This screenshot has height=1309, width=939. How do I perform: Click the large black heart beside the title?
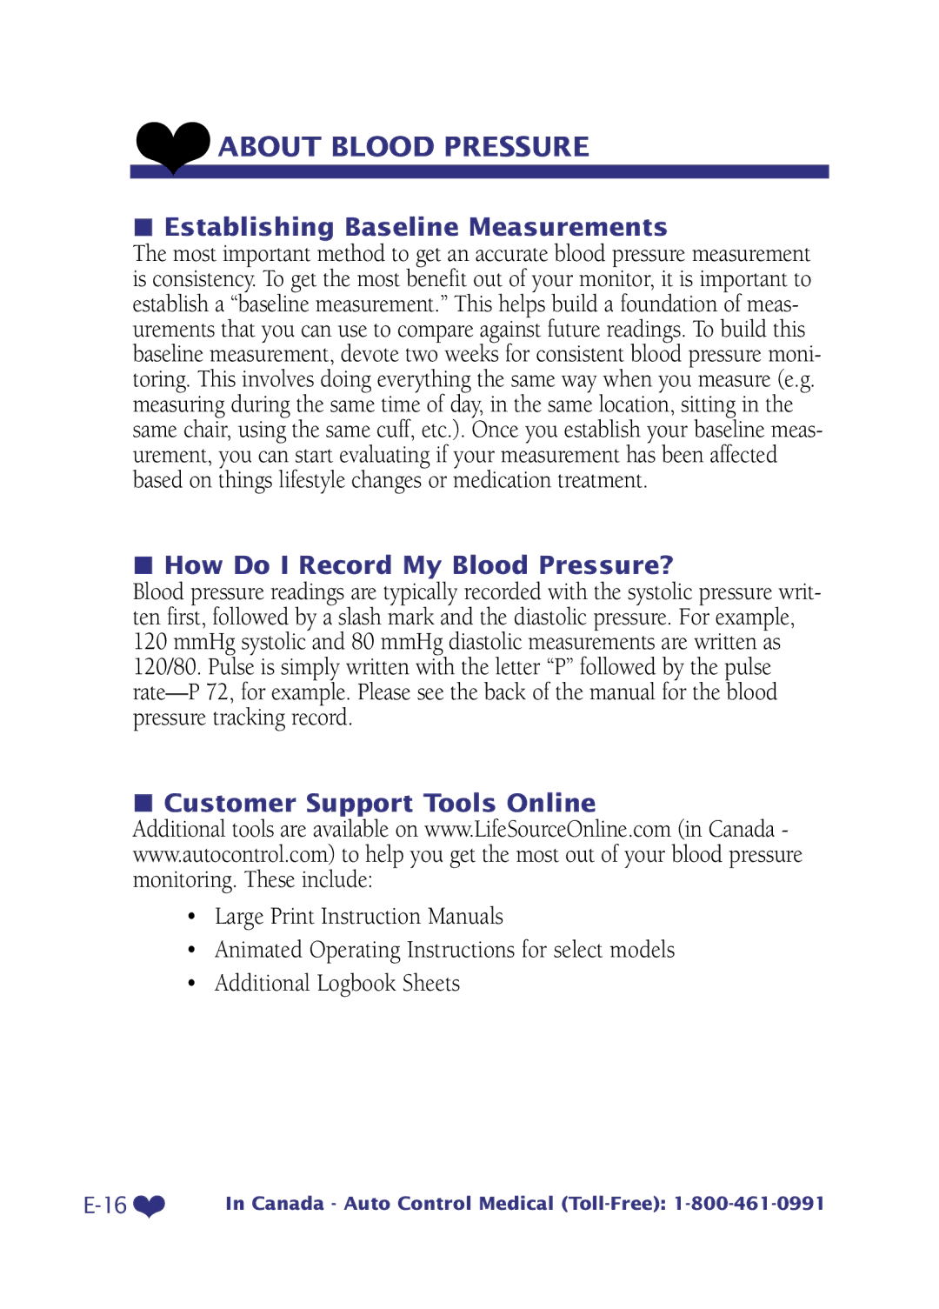pos(173,145)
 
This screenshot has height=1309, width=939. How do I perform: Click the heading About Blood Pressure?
pos(403,147)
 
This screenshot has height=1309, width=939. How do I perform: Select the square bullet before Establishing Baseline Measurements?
pos(143,228)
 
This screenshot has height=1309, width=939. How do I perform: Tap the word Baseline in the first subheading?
pos(402,227)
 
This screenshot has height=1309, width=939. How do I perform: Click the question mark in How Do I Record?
pos(666,565)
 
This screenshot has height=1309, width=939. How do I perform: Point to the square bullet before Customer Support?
pos(143,802)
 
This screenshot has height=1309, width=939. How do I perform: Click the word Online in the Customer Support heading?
pos(551,803)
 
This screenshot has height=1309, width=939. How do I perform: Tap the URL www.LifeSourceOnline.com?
pos(548,830)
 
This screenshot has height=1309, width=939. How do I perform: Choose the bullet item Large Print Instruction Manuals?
pos(358,917)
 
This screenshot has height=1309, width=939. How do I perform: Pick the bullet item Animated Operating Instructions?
pos(444,950)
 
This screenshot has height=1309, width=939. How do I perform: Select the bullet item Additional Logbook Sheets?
pos(337,984)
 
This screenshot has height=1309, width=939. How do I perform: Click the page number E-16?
pos(105,1205)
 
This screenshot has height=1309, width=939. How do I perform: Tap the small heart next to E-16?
pos(150,1205)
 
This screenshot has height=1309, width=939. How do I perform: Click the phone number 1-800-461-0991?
pos(749,1204)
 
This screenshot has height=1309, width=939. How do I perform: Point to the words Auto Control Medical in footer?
pos(449,1204)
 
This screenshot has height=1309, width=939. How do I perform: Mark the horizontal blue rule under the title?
pos(479,172)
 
